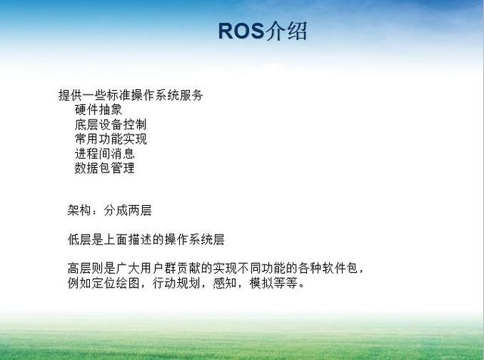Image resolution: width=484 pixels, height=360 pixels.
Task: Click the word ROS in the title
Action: [x=241, y=31]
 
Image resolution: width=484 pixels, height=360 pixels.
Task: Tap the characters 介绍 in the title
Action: [x=286, y=31]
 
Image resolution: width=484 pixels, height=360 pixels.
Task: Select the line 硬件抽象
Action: [x=98, y=110]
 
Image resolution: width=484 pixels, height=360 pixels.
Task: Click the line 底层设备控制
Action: [x=110, y=125]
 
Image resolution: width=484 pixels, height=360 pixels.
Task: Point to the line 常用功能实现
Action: [x=110, y=139]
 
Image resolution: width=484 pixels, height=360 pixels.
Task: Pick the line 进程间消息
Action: [x=104, y=154]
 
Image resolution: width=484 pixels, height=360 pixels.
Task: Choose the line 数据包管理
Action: [x=104, y=168]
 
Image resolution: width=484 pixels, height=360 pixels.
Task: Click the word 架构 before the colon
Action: [x=79, y=210]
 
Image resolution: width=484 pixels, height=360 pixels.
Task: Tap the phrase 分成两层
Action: [x=128, y=210]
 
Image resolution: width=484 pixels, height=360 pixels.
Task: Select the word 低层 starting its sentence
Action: [x=79, y=240]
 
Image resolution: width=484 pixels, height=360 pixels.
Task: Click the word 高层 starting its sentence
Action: [x=79, y=268]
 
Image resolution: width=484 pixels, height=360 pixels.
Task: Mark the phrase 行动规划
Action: [x=176, y=283]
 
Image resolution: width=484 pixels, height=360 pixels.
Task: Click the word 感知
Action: [x=225, y=283]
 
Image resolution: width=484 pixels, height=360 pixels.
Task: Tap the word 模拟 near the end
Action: [x=261, y=283]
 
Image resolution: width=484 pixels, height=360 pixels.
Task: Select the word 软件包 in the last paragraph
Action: [x=340, y=268]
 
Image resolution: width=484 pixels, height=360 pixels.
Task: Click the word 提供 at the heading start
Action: [x=70, y=95]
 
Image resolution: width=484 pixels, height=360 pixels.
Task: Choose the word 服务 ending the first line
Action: [x=191, y=95]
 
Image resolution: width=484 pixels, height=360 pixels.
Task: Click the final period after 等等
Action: [x=302, y=286]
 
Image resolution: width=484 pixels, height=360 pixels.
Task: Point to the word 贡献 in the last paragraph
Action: [x=188, y=268]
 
